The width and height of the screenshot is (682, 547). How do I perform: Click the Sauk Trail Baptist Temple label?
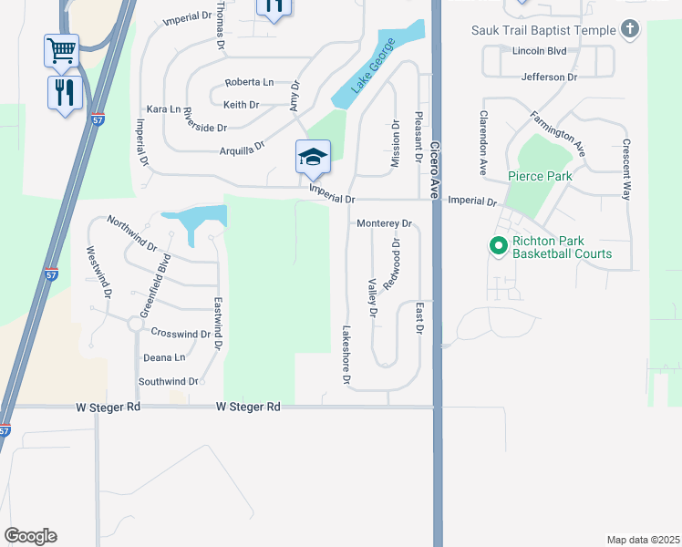click(x=543, y=30)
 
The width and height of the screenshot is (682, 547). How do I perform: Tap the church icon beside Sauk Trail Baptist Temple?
click(x=629, y=29)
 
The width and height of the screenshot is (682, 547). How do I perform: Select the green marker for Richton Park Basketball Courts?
click(x=499, y=246)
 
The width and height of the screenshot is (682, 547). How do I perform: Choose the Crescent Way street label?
click(x=627, y=170)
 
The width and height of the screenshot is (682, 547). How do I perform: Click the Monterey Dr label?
click(x=385, y=223)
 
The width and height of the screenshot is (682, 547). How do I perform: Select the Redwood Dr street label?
click(x=392, y=265)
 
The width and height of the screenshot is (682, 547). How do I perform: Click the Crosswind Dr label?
click(x=181, y=334)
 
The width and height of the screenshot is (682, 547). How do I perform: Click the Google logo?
click(x=30, y=536)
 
